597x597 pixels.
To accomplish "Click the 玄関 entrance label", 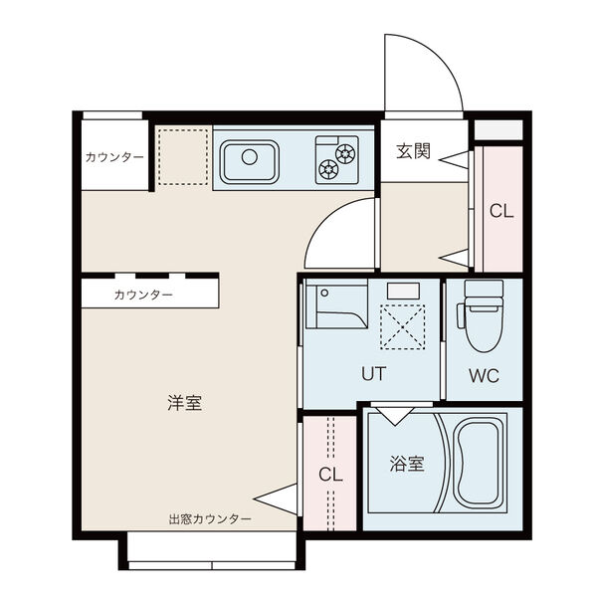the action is [x=413, y=151].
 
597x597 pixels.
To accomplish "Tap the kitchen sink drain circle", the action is [x=250, y=157].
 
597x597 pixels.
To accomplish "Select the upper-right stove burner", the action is [x=345, y=153].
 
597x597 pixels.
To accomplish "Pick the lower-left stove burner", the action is [x=328, y=169].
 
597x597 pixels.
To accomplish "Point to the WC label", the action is [x=484, y=376].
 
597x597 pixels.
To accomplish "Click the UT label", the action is [x=373, y=374].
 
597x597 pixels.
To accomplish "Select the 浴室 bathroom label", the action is [x=407, y=464].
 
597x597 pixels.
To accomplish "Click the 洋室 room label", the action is [x=185, y=403].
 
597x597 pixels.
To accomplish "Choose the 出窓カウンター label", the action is [x=210, y=519].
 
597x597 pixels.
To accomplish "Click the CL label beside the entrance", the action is [x=501, y=211].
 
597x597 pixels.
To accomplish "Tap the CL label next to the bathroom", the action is [x=330, y=475].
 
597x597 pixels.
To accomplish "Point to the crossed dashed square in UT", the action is [x=402, y=327].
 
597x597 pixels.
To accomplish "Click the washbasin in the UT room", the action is [x=336, y=303].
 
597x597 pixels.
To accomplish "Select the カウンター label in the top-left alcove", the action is [x=114, y=157].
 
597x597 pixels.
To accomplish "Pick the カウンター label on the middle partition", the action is [x=143, y=295].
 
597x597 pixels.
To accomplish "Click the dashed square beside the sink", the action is [x=183, y=157].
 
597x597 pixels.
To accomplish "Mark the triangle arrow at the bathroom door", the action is [x=395, y=416].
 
